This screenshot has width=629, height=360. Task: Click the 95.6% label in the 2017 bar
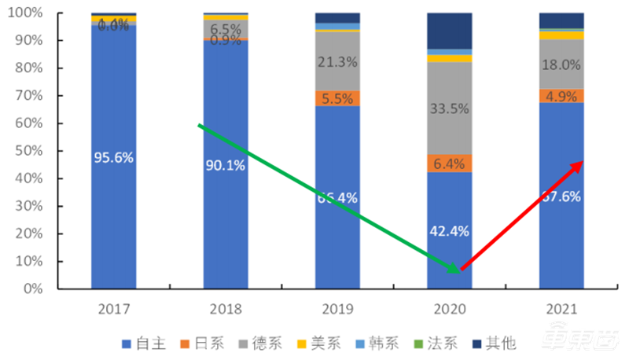pyautogui.click(x=113, y=157)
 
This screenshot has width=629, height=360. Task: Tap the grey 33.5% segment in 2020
pyautogui.click(x=449, y=108)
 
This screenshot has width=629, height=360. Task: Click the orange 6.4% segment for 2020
pyautogui.click(x=449, y=163)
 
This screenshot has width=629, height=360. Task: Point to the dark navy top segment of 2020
pyautogui.click(x=449, y=31)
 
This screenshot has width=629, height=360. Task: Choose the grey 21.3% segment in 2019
pyautogui.click(x=337, y=61)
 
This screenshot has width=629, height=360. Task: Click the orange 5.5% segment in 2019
pyautogui.click(x=337, y=99)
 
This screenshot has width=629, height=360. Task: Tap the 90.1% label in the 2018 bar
pyautogui.click(x=226, y=166)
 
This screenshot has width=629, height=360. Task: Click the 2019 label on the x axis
pyautogui.click(x=337, y=308)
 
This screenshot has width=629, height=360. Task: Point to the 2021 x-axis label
pyautogui.click(x=561, y=308)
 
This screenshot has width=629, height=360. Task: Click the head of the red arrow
pyautogui.click(x=581, y=163)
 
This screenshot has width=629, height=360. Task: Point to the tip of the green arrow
pyautogui.click(x=458, y=272)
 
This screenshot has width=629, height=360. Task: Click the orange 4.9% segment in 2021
pyautogui.click(x=561, y=97)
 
